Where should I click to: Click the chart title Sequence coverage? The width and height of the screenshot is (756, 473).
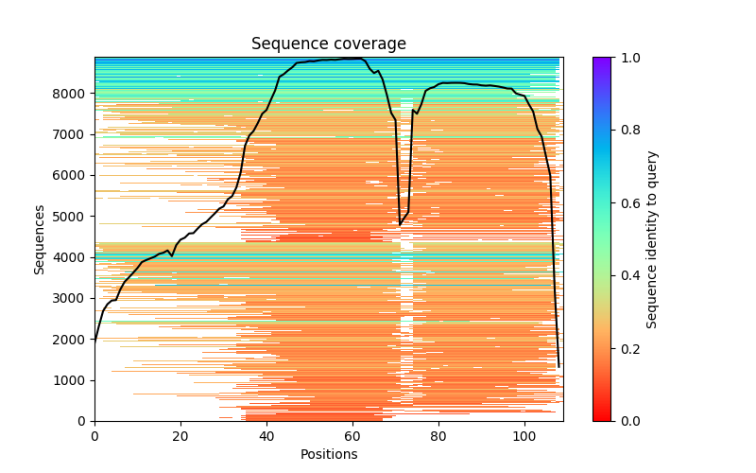pos(328,44)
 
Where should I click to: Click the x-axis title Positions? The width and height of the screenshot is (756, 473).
pos(328,455)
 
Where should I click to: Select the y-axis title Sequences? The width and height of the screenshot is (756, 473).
pos(40,238)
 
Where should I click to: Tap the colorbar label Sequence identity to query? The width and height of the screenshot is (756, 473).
pos(652,238)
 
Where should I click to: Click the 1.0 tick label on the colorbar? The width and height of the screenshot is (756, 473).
pos(627,58)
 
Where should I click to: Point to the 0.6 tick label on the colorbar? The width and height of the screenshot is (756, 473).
pos(627,203)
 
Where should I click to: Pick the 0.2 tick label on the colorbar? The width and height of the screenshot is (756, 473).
pos(627,348)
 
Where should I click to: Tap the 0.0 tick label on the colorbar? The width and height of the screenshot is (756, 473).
pos(627,421)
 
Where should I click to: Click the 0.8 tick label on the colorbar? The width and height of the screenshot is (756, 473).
pos(627,131)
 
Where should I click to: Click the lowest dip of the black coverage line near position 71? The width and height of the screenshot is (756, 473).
pos(400,225)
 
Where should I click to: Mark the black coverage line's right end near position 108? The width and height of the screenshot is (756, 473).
pos(558,366)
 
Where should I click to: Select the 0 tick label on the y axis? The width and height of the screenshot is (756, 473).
pos(82,421)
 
